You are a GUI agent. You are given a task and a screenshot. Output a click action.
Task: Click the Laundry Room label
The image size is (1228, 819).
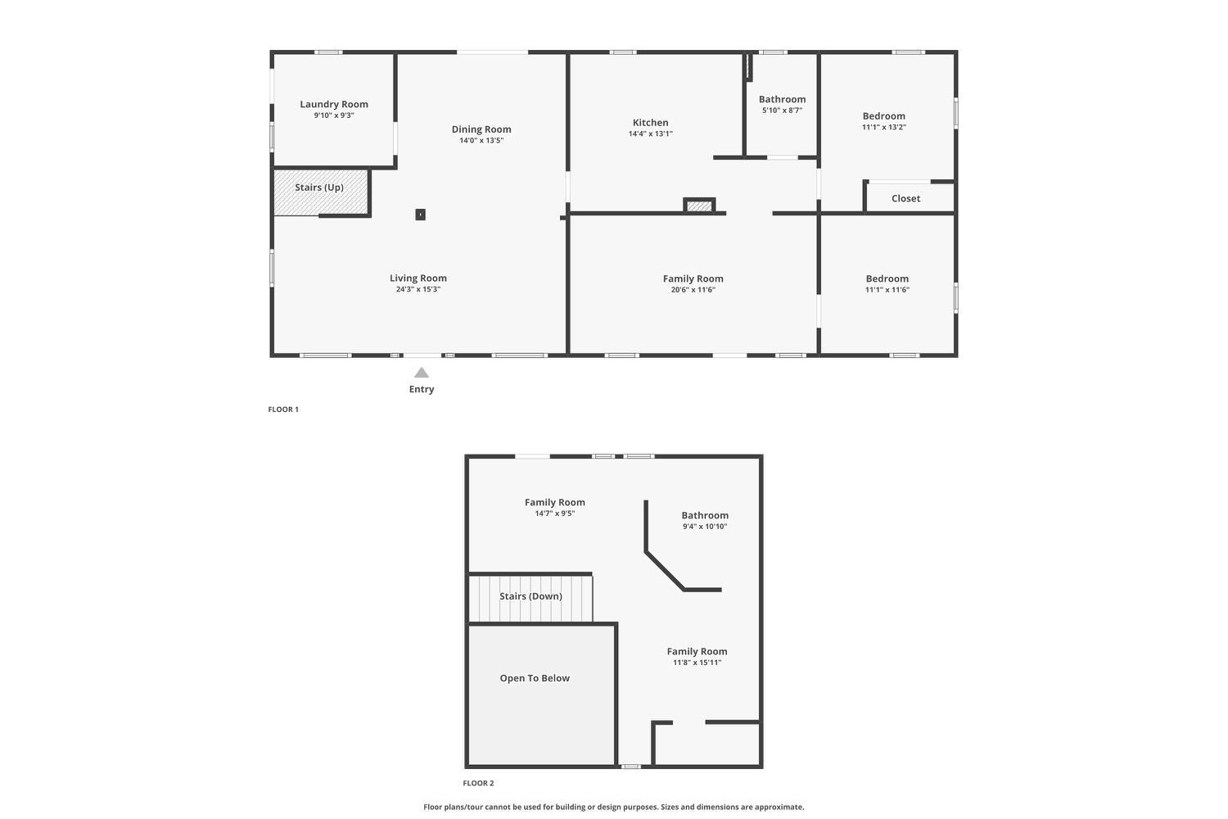tap(334, 104)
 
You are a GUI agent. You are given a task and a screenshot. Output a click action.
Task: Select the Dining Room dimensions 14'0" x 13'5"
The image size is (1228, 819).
tap(481, 141)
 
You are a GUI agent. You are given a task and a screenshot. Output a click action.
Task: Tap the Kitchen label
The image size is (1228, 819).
tap(650, 123)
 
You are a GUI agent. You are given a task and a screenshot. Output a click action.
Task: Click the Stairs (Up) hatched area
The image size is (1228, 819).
tap(320, 193)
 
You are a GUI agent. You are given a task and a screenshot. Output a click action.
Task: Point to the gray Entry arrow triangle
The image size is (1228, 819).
tap(422, 373)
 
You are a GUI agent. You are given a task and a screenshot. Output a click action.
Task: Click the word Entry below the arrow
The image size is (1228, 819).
tap(422, 390)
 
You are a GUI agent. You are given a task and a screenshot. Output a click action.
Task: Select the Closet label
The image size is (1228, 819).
tap(905, 198)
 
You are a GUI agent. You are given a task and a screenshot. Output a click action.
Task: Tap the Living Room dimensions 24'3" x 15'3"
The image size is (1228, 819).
tap(418, 289)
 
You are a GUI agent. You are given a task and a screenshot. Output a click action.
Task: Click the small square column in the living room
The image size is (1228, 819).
tap(420, 215)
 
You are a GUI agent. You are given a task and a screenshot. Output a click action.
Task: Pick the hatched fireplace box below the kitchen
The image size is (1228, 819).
tap(699, 206)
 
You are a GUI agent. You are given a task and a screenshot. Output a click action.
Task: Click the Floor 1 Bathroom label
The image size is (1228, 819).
tap(782, 99)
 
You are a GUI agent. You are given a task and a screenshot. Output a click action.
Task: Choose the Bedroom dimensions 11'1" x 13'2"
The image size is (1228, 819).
tap(883, 127)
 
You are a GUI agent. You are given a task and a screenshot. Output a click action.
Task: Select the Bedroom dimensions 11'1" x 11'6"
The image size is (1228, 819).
tap(887, 290)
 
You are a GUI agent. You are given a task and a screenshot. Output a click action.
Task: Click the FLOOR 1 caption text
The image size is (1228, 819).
tap(283, 409)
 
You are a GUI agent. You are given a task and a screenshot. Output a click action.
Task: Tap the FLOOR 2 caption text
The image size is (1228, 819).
tap(478, 784)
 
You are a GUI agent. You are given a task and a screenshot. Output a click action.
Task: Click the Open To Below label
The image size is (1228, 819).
tap(535, 678)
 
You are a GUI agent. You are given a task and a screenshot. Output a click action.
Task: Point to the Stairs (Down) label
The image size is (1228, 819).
tap(530, 596)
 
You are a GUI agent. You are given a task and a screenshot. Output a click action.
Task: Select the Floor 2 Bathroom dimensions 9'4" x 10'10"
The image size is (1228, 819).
tap(705, 527)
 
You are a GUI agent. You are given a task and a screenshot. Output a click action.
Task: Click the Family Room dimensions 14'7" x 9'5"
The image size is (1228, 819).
tap(554, 514)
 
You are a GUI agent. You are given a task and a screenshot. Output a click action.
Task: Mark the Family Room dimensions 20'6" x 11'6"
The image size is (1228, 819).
tap(693, 290)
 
